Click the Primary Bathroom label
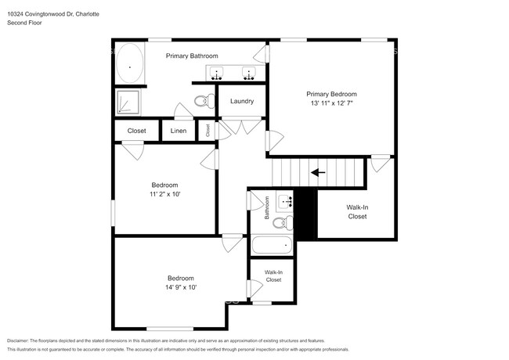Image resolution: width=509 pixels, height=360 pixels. pos(192,56)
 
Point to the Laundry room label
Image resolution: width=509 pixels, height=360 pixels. pos(241,101)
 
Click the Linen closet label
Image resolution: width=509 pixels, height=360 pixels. pos(179,131)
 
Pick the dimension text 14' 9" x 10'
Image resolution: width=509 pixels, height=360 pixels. pos(181,287)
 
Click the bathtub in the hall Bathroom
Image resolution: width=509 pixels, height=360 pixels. pos(272,246)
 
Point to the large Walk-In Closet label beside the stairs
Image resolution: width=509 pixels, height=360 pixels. pos(357,211)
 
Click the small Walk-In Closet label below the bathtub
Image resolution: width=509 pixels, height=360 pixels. pos(273,275)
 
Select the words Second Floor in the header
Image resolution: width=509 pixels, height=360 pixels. pos(25,23)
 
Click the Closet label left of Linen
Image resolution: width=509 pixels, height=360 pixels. pos(136,131)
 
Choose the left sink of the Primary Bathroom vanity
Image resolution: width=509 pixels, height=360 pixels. pos(217,73)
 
